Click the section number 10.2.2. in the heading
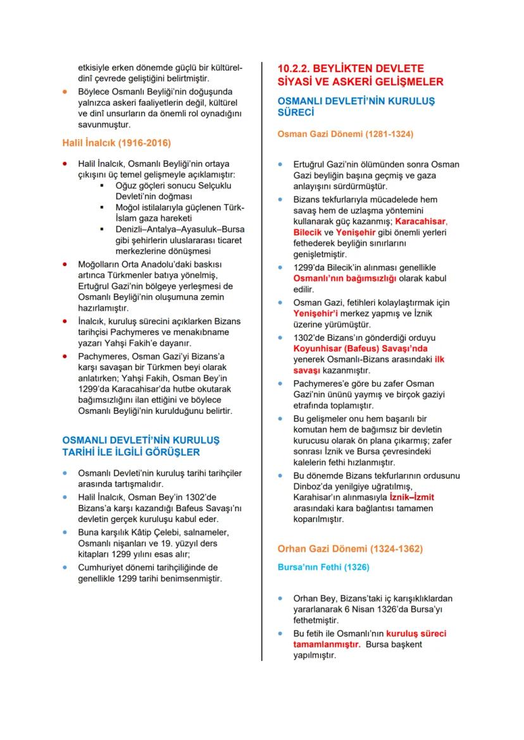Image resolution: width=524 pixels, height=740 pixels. click(297, 68)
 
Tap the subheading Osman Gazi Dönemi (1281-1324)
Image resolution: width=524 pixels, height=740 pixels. click(346, 134)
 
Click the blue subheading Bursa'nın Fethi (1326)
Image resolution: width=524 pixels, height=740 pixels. click(323, 567)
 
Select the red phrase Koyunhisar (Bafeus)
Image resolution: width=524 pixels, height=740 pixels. click(332, 348)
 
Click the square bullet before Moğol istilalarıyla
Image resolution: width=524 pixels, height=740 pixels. click(102, 207)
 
